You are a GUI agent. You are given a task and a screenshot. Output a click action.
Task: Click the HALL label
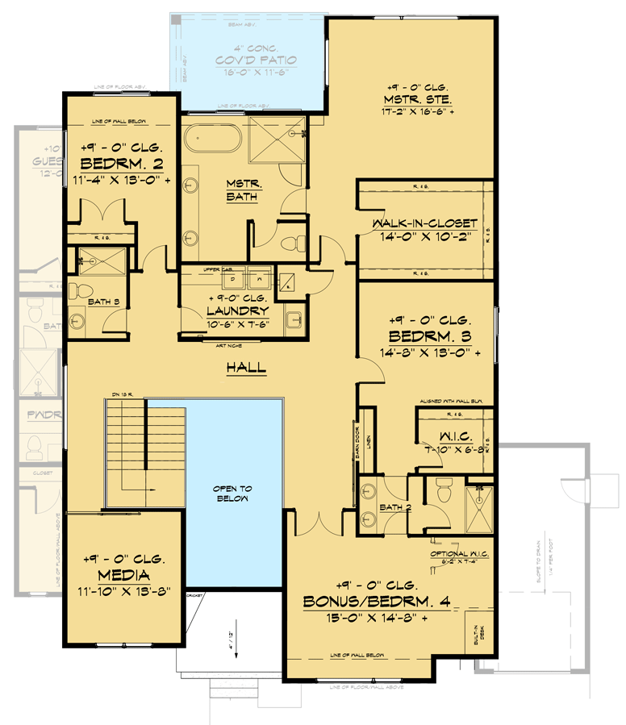click(246, 367)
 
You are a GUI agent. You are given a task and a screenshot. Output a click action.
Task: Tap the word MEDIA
click(123, 575)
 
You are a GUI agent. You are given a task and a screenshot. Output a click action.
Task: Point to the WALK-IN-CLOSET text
click(424, 223)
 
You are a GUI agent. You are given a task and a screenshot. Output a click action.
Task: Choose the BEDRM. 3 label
click(424, 335)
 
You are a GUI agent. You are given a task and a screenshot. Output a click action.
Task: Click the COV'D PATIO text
click(256, 60)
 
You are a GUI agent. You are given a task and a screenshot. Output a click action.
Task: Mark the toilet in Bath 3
click(75, 290)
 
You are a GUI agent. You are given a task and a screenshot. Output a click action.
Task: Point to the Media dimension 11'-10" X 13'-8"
click(123, 592)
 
